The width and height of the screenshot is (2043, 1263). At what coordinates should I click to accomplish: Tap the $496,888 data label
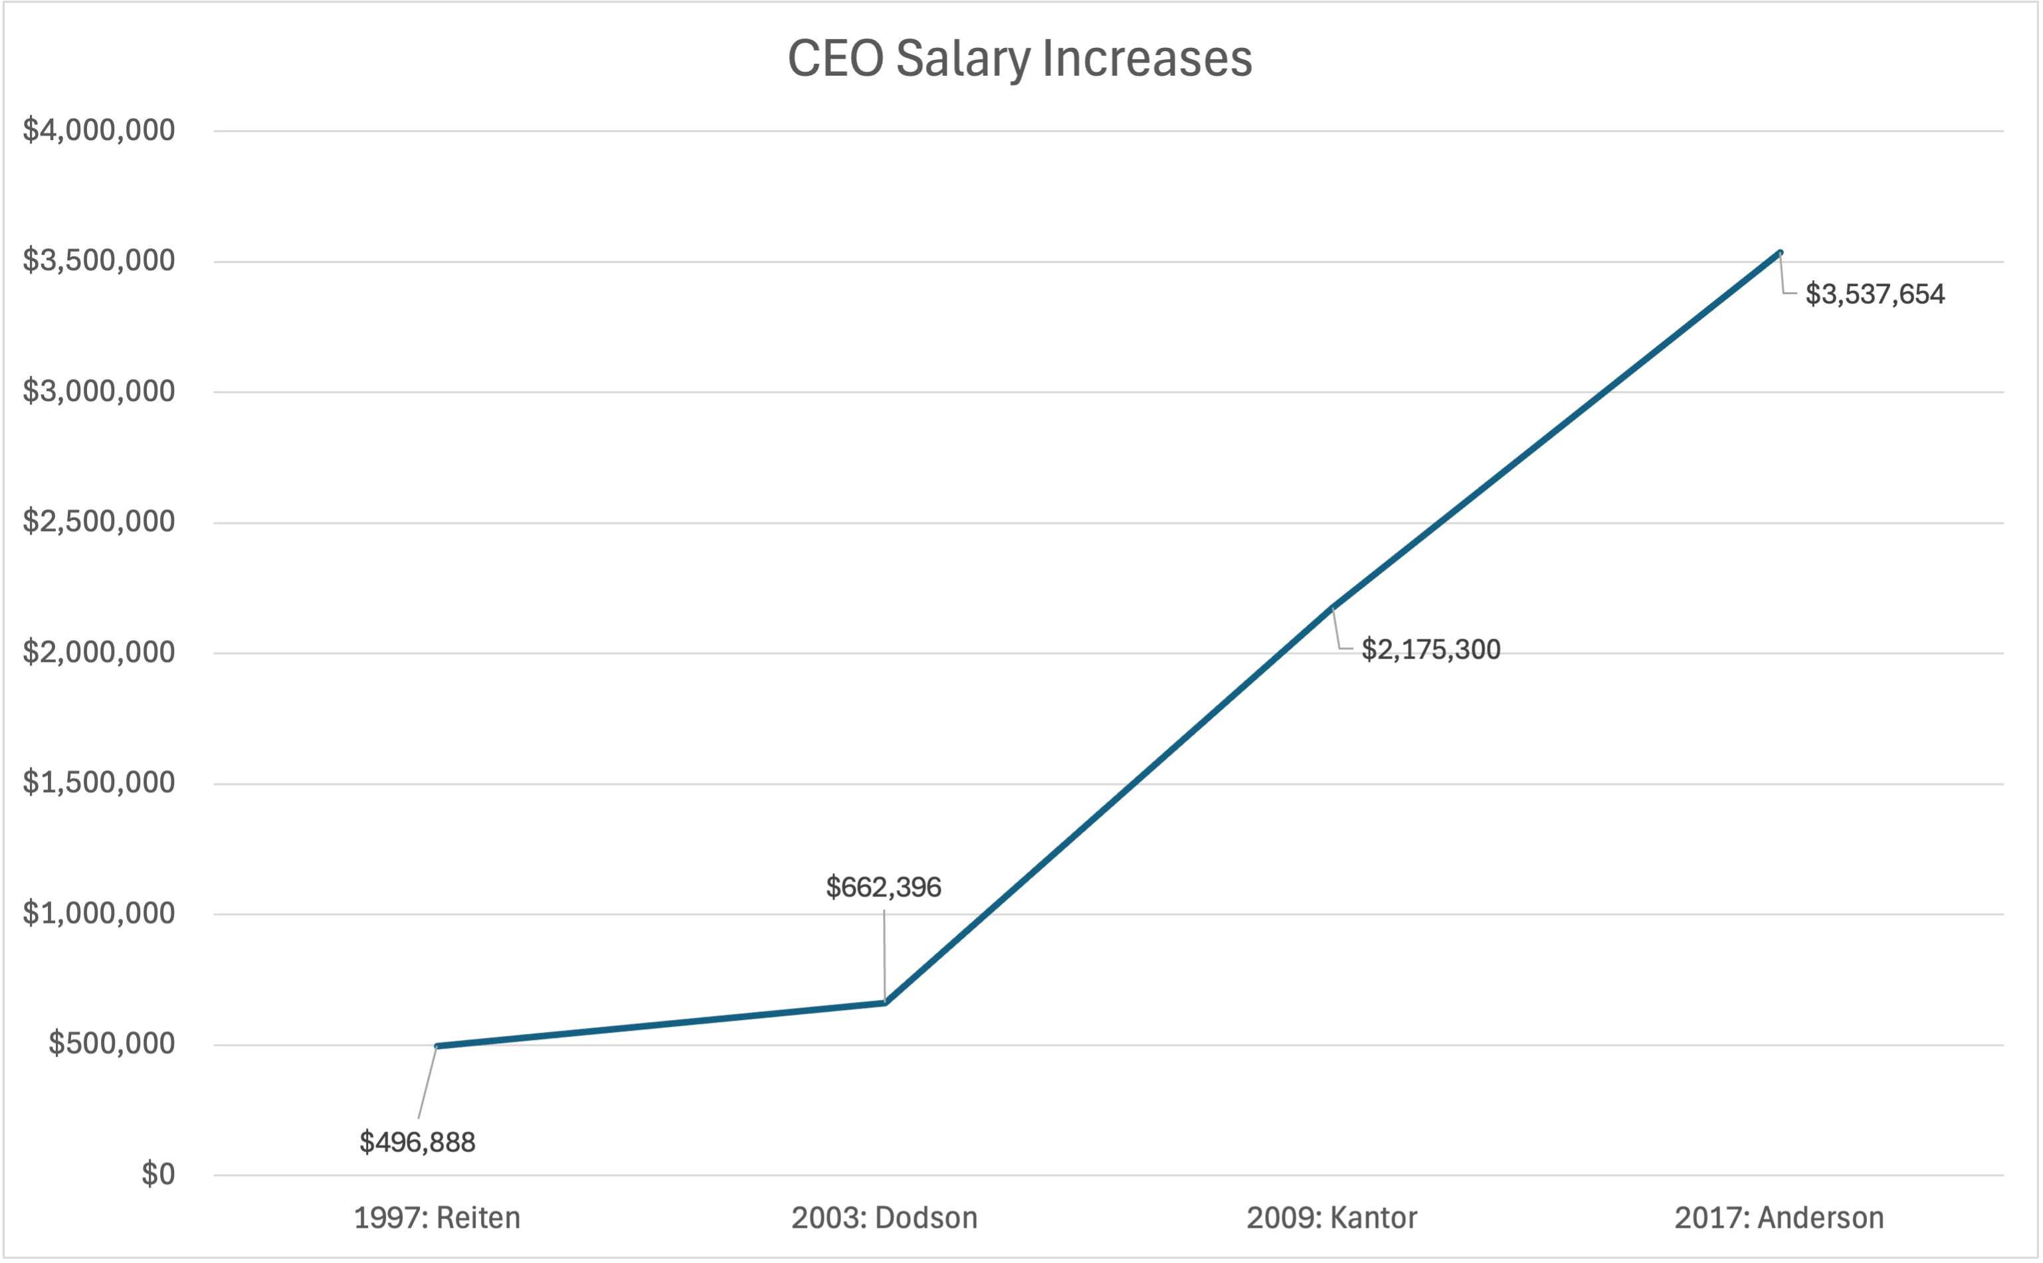(417, 1142)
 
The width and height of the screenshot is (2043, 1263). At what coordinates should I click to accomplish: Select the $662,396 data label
(883, 887)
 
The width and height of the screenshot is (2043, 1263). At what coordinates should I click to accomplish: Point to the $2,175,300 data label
(1430, 650)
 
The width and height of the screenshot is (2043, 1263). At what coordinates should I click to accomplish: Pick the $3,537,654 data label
(1874, 294)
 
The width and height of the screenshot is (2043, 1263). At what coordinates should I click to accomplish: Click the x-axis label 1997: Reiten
(437, 1218)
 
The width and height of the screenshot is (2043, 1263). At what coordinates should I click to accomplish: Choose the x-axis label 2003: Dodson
(884, 1218)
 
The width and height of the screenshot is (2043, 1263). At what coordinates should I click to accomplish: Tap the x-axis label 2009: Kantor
(1332, 1218)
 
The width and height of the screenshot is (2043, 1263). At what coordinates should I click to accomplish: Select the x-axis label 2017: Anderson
(1779, 1218)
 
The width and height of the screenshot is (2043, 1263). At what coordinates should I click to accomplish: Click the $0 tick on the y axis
(158, 1175)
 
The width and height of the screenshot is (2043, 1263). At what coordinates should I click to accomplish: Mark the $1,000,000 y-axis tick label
(98, 913)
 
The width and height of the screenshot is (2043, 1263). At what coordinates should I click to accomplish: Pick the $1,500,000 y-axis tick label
(98, 783)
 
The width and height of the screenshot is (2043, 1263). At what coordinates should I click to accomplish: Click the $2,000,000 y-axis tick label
(98, 652)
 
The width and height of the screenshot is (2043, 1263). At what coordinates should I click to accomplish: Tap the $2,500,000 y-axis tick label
(98, 521)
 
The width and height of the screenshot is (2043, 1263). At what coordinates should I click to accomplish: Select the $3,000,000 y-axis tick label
(98, 391)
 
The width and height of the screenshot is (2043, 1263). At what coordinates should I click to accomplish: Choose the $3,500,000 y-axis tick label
(98, 260)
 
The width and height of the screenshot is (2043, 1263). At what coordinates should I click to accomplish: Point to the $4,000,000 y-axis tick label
(98, 130)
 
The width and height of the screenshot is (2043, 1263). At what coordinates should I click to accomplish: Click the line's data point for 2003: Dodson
(885, 1003)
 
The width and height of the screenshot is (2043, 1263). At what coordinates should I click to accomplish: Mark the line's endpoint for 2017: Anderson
(1780, 252)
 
